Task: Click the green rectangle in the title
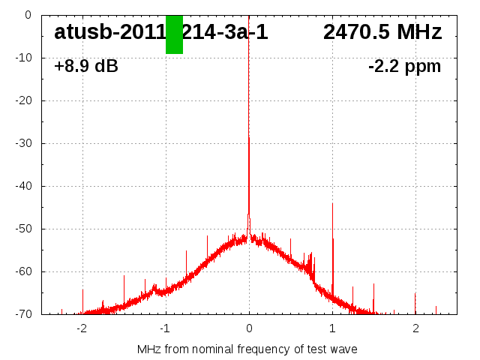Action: [x=174, y=34]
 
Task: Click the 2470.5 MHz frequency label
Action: [x=382, y=32]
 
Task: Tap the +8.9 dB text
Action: [x=86, y=66]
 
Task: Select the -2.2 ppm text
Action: [x=405, y=66]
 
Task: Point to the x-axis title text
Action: [x=247, y=349]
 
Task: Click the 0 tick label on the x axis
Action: [x=249, y=328]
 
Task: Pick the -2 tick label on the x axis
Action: [x=82, y=328]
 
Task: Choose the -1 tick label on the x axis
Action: [x=165, y=328]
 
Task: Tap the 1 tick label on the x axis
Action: [x=332, y=328]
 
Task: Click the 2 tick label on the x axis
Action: [x=415, y=328]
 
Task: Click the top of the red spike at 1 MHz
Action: [x=333, y=204]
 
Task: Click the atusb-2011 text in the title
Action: [x=109, y=32]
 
